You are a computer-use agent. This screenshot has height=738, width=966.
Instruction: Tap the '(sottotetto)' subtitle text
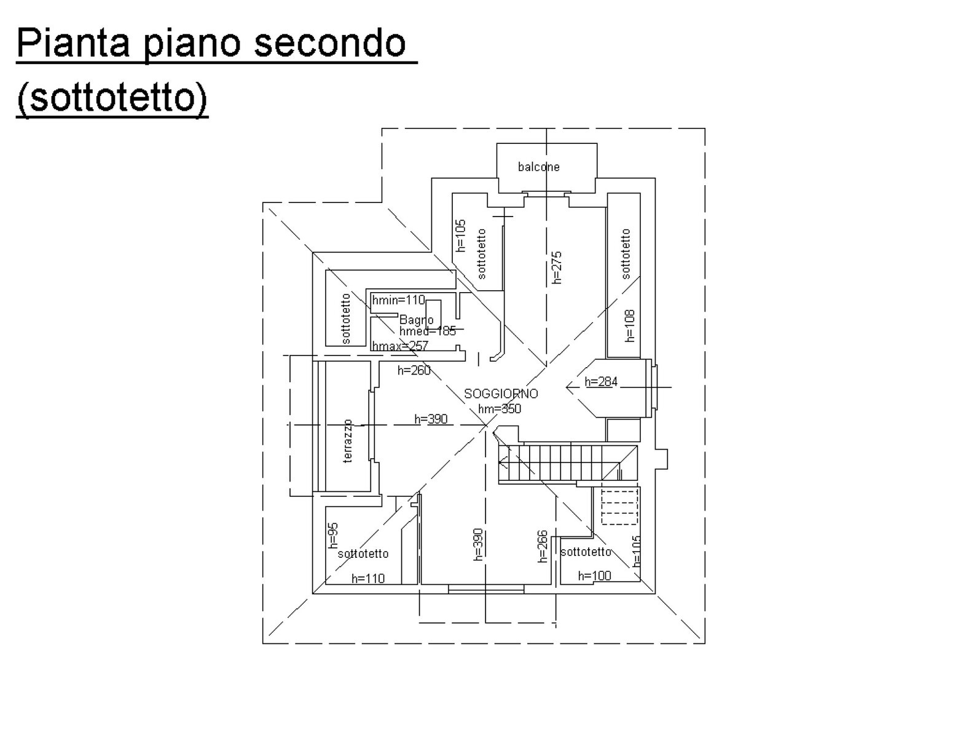click(112, 97)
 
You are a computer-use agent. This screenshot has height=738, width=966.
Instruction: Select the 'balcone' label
click(538, 167)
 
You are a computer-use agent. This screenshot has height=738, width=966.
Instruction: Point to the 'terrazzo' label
click(348, 441)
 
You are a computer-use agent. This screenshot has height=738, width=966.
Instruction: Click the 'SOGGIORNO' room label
click(501, 394)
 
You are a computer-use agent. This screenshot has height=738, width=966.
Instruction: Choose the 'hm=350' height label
click(500, 408)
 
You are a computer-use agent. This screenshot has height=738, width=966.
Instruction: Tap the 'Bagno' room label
click(417, 320)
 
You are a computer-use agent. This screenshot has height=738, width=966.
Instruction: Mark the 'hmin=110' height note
click(399, 300)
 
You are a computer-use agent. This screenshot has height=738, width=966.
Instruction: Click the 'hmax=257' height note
click(400, 346)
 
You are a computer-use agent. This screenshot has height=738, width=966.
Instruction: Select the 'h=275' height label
click(557, 267)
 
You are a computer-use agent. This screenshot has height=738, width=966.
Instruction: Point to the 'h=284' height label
click(601, 382)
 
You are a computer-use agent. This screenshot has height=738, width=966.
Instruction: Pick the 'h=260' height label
click(414, 370)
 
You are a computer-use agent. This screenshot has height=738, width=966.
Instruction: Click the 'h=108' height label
click(629, 325)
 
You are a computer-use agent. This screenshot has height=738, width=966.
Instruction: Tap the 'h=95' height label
click(333, 535)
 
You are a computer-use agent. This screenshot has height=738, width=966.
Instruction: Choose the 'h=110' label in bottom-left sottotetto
click(368, 578)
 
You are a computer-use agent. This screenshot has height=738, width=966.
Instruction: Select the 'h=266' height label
click(543, 546)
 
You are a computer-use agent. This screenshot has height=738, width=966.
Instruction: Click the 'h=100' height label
click(594, 576)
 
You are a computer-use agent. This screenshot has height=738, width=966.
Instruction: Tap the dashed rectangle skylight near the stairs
click(619, 506)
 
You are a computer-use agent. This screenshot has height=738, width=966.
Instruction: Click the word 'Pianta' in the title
click(73, 43)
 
